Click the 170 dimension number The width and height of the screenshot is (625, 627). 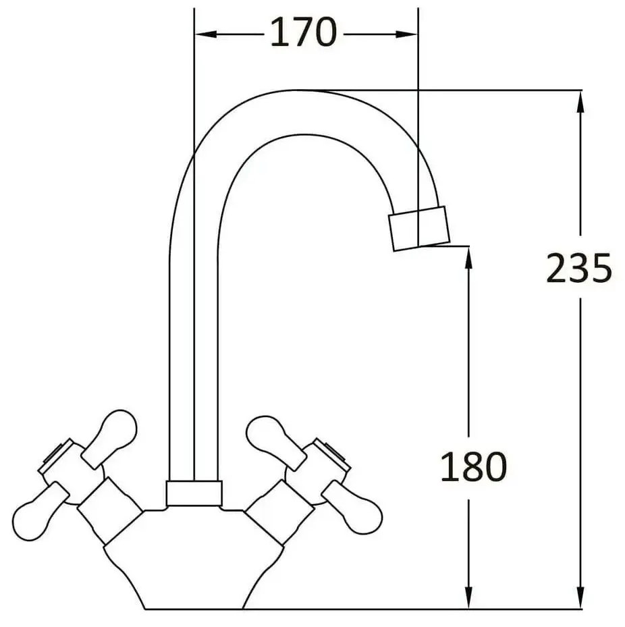(303, 32)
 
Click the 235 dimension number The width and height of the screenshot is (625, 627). (578, 269)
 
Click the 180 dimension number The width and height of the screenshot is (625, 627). (472, 466)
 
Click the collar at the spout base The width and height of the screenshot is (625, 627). (194, 493)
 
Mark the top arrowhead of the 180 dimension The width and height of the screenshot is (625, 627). (468, 256)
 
